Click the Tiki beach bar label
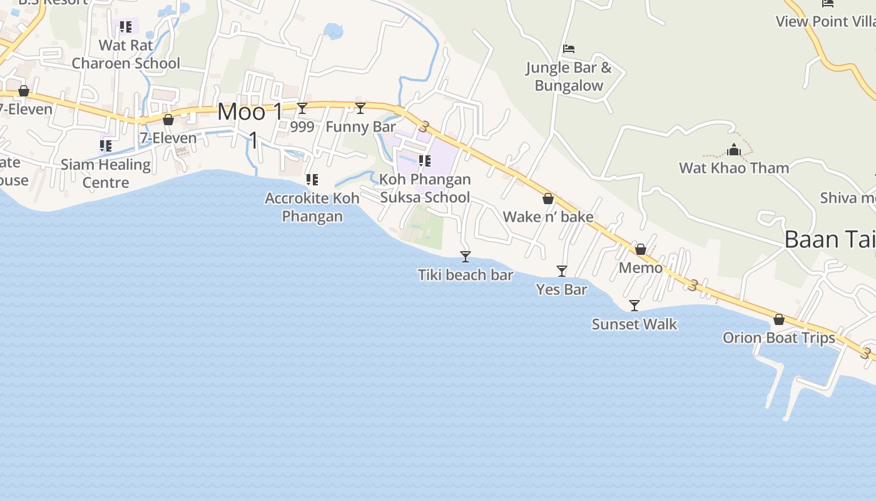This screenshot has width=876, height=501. (466, 275)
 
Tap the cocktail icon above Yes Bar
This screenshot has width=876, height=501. (562, 271)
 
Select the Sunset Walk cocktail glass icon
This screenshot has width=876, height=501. (634, 305)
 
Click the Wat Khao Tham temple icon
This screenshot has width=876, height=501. (734, 150)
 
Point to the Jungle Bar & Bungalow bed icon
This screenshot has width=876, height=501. (568, 48)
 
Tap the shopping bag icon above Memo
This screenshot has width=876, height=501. (641, 249)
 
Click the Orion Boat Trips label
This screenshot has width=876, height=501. (778, 338)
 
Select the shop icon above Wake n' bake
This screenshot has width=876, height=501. (548, 199)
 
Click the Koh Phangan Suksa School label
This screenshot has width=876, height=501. (425, 188)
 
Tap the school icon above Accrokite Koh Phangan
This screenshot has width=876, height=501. (312, 180)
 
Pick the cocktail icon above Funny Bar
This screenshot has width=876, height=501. (360, 108)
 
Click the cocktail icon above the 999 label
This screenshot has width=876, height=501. (302, 108)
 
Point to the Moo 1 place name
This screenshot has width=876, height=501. (250, 113)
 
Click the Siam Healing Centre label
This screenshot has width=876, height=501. (106, 173)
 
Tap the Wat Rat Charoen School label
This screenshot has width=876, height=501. (126, 54)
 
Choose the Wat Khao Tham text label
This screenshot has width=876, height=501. (734, 168)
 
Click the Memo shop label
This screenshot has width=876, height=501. (641, 268)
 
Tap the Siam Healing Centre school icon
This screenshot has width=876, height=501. (106, 146)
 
